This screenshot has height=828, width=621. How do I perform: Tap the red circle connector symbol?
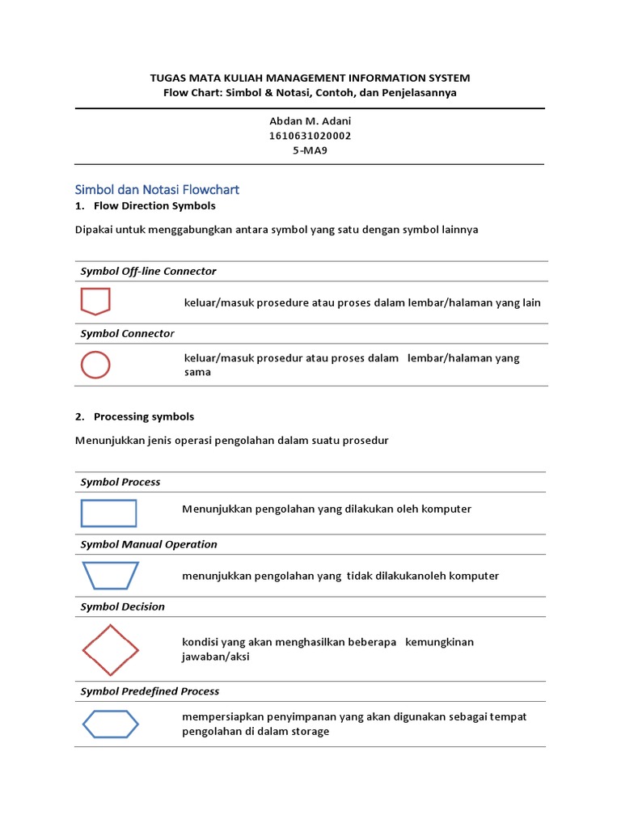click(95, 365)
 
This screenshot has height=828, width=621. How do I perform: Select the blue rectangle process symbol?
click(108, 513)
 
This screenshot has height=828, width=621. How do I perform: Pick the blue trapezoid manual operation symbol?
click(110, 576)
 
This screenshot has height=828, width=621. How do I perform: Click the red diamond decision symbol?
click(110, 649)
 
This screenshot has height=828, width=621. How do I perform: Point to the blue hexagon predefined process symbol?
click(110, 724)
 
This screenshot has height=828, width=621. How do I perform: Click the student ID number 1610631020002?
click(310, 136)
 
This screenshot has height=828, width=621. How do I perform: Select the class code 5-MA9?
click(310, 150)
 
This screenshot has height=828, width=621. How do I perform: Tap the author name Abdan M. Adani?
click(310, 121)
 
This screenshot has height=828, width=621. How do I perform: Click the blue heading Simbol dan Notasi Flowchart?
click(157, 190)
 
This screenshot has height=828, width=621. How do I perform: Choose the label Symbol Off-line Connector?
click(148, 271)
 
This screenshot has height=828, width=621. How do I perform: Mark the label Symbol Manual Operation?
click(149, 544)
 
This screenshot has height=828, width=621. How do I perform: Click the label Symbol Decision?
click(122, 606)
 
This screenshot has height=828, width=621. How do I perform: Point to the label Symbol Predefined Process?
click(150, 691)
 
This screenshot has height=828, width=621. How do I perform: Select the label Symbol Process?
click(120, 482)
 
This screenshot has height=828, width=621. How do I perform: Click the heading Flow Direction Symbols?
click(154, 206)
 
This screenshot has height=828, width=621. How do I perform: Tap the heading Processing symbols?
click(143, 416)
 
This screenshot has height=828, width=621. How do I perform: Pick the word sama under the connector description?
click(197, 372)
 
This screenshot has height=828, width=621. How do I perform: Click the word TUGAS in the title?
click(167, 78)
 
